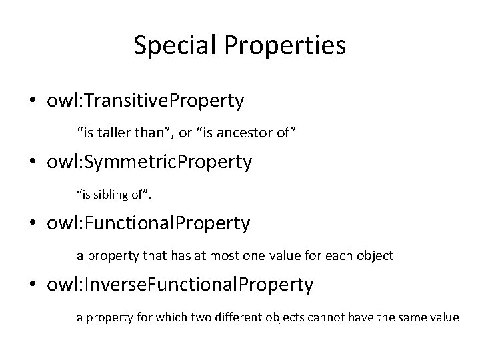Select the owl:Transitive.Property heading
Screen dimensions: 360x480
(x=146, y=101)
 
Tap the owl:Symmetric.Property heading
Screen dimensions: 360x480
(x=149, y=162)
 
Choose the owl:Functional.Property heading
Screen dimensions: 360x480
(x=149, y=223)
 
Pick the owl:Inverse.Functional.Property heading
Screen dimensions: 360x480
(x=180, y=285)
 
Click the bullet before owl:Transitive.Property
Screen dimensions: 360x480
(x=33, y=101)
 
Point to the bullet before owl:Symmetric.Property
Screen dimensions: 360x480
(x=33, y=163)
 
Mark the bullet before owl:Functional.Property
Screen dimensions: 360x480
(x=33, y=224)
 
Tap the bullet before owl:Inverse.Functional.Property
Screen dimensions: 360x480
(x=33, y=285)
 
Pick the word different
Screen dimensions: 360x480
(x=231, y=317)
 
